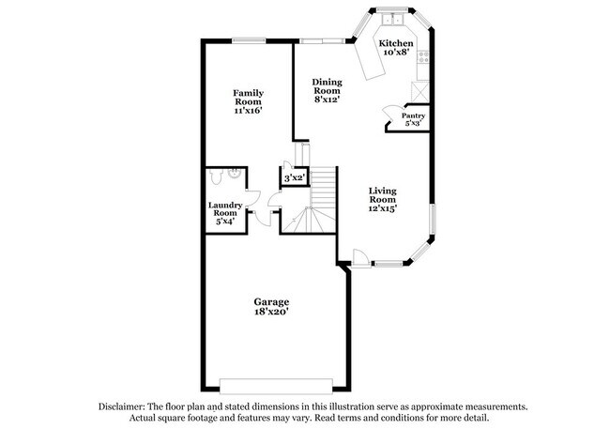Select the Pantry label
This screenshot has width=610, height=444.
[414, 115]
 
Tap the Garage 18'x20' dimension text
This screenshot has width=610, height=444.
[271, 313]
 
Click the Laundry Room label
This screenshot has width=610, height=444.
[225, 209]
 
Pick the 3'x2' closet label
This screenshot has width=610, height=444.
[294, 176]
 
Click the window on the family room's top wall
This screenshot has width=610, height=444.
[247, 39]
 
